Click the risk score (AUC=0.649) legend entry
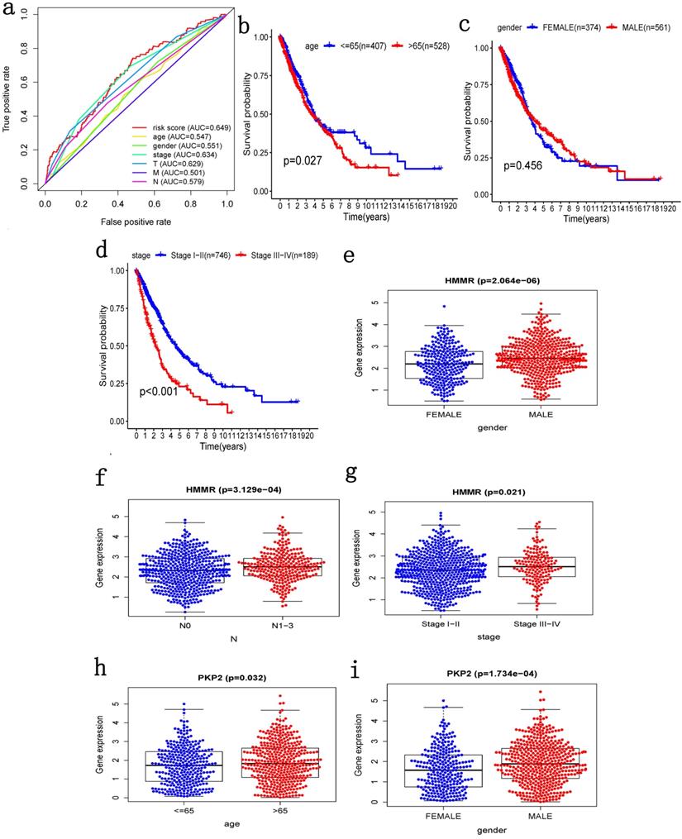pyautogui.click(x=182, y=126)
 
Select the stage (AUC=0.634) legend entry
pyautogui.click(x=177, y=155)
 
